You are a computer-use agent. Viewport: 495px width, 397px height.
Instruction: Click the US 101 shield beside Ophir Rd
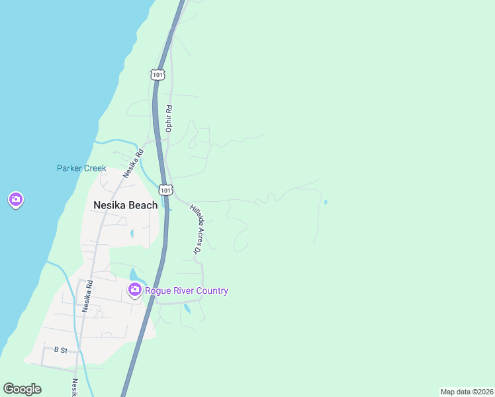[x=156, y=75]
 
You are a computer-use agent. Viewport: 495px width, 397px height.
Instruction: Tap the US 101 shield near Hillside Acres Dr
[x=166, y=190]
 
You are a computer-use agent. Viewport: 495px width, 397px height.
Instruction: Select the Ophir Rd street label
[x=169, y=118]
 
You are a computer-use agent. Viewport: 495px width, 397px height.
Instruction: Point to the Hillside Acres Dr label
[x=195, y=229]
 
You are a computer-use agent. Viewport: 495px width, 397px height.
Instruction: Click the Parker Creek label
[x=81, y=168]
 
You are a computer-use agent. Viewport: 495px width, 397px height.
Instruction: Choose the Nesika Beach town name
[x=126, y=205]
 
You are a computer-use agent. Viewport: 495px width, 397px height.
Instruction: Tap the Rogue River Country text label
[x=187, y=290]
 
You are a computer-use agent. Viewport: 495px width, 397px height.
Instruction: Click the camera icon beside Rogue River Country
[x=134, y=290]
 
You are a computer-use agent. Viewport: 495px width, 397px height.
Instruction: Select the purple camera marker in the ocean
[x=16, y=199]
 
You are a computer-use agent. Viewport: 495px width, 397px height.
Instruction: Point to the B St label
[x=61, y=349]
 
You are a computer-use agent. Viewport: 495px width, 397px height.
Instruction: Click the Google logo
[x=22, y=389]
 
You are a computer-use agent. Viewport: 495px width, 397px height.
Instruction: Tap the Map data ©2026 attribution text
[x=467, y=392]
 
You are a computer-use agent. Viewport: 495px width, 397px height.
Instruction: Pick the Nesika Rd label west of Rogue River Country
[x=85, y=296]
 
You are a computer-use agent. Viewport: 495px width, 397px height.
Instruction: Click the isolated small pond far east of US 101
[x=325, y=202]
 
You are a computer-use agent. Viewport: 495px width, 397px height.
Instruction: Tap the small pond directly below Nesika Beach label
[x=132, y=233]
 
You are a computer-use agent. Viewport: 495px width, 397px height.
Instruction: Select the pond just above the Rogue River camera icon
[x=134, y=274]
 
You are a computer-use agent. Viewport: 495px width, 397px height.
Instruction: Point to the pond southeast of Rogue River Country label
[x=187, y=308]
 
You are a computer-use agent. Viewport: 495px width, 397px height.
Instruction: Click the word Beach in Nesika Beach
[x=143, y=205]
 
